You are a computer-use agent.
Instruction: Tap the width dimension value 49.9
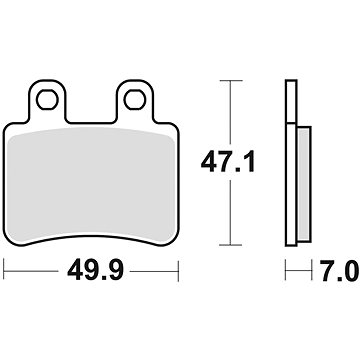pos(90,270)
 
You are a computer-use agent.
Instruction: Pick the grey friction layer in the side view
pos(302,170)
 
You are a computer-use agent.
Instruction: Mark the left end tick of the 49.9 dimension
pos(6,270)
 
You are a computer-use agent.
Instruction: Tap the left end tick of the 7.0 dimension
pos(286,270)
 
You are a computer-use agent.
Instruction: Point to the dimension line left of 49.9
pos(30,270)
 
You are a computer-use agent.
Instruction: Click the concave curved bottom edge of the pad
pos(90,233)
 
